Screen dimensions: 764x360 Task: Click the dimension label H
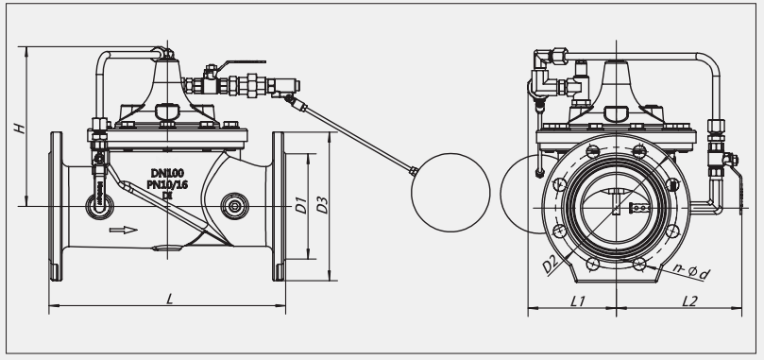(20, 129)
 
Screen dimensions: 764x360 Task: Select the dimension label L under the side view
(170, 298)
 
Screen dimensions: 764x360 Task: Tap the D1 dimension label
(301, 205)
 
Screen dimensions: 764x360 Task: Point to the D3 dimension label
(323, 205)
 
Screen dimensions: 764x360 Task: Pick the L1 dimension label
(578, 301)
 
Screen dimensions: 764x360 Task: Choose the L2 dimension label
(689, 301)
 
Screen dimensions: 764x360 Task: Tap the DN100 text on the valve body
(167, 173)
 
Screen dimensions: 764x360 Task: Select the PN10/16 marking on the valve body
(167, 184)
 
